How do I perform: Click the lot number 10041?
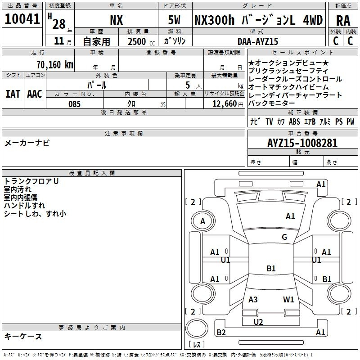pyautogui.click(x=22, y=19)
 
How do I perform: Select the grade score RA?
pyautogui.click(x=343, y=21)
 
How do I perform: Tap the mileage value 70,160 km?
pyautogui.click(x=55, y=64)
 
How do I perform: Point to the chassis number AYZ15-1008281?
pyautogui.click(x=302, y=143)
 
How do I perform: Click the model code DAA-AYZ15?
pyautogui.click(x=257, y=41)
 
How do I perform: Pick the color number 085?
pyautogui.click(x=75, y=104)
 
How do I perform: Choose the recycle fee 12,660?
pyautogui.click(x=225, y=104)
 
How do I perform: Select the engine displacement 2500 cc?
pyautogui.click(x=141, y=41)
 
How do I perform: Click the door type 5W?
pyautogui.click(x=174, y=20)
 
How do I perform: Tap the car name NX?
pyautogui.click(x=117, y=20)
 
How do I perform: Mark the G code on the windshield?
pyautogui.click(x=284, y=237)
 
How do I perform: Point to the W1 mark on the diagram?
pyautogui.click(x=288, y=299)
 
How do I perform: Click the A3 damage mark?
pyautogui.click(x=253, y=299)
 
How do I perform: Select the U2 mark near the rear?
pyautogui.click(x=258, y=322)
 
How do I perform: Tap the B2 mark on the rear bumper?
pyautogui.click(x=221, y=332)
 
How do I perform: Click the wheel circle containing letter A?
pyautogui.click(x=203, y=221)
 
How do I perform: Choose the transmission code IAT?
pyautogui.click(x=13, y=94)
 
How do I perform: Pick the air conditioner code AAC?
pyautogui.click(x=35, y=94)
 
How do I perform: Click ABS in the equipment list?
pyautogui.click(x=294, y=121)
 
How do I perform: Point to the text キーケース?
pyautogui.click(x=23, y=336)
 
